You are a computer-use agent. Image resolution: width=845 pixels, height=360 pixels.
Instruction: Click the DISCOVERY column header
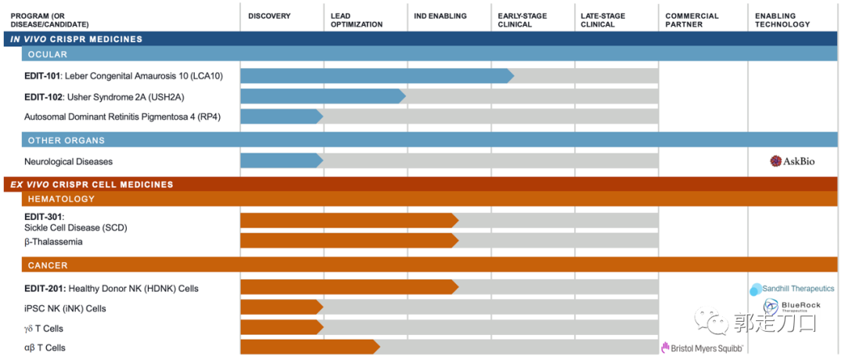(269, 16)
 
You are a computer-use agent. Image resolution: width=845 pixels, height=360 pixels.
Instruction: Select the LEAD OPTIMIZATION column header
(357, 20)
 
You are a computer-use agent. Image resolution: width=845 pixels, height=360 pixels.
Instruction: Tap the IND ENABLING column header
(440, 16)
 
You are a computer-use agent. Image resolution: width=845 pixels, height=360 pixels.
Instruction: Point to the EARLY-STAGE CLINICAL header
(522, 20)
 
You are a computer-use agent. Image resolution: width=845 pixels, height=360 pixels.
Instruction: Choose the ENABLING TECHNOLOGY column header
(782, 20)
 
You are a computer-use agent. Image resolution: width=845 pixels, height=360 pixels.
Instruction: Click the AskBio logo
(793, 161)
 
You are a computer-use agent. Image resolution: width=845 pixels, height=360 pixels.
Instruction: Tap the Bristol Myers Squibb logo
(702, 347)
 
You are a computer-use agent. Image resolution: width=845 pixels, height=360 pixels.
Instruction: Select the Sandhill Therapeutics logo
(792, 289)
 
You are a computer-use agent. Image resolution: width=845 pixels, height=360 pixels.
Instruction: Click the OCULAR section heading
(48, 55)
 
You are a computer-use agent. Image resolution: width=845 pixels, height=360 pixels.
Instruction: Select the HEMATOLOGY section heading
(61, 199)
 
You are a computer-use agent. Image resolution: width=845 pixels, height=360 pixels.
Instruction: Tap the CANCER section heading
(48, 265)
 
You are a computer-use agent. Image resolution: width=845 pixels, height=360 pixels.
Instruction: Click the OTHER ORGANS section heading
(67, 141)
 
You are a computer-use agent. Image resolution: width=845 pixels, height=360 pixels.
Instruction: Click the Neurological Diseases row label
(68, 162)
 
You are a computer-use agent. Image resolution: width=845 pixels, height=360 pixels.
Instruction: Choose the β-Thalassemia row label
(53, 242)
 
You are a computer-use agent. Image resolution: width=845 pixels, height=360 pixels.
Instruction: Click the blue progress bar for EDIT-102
(321, 96)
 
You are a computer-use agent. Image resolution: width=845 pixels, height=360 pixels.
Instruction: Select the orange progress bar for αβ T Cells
(308, 347)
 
